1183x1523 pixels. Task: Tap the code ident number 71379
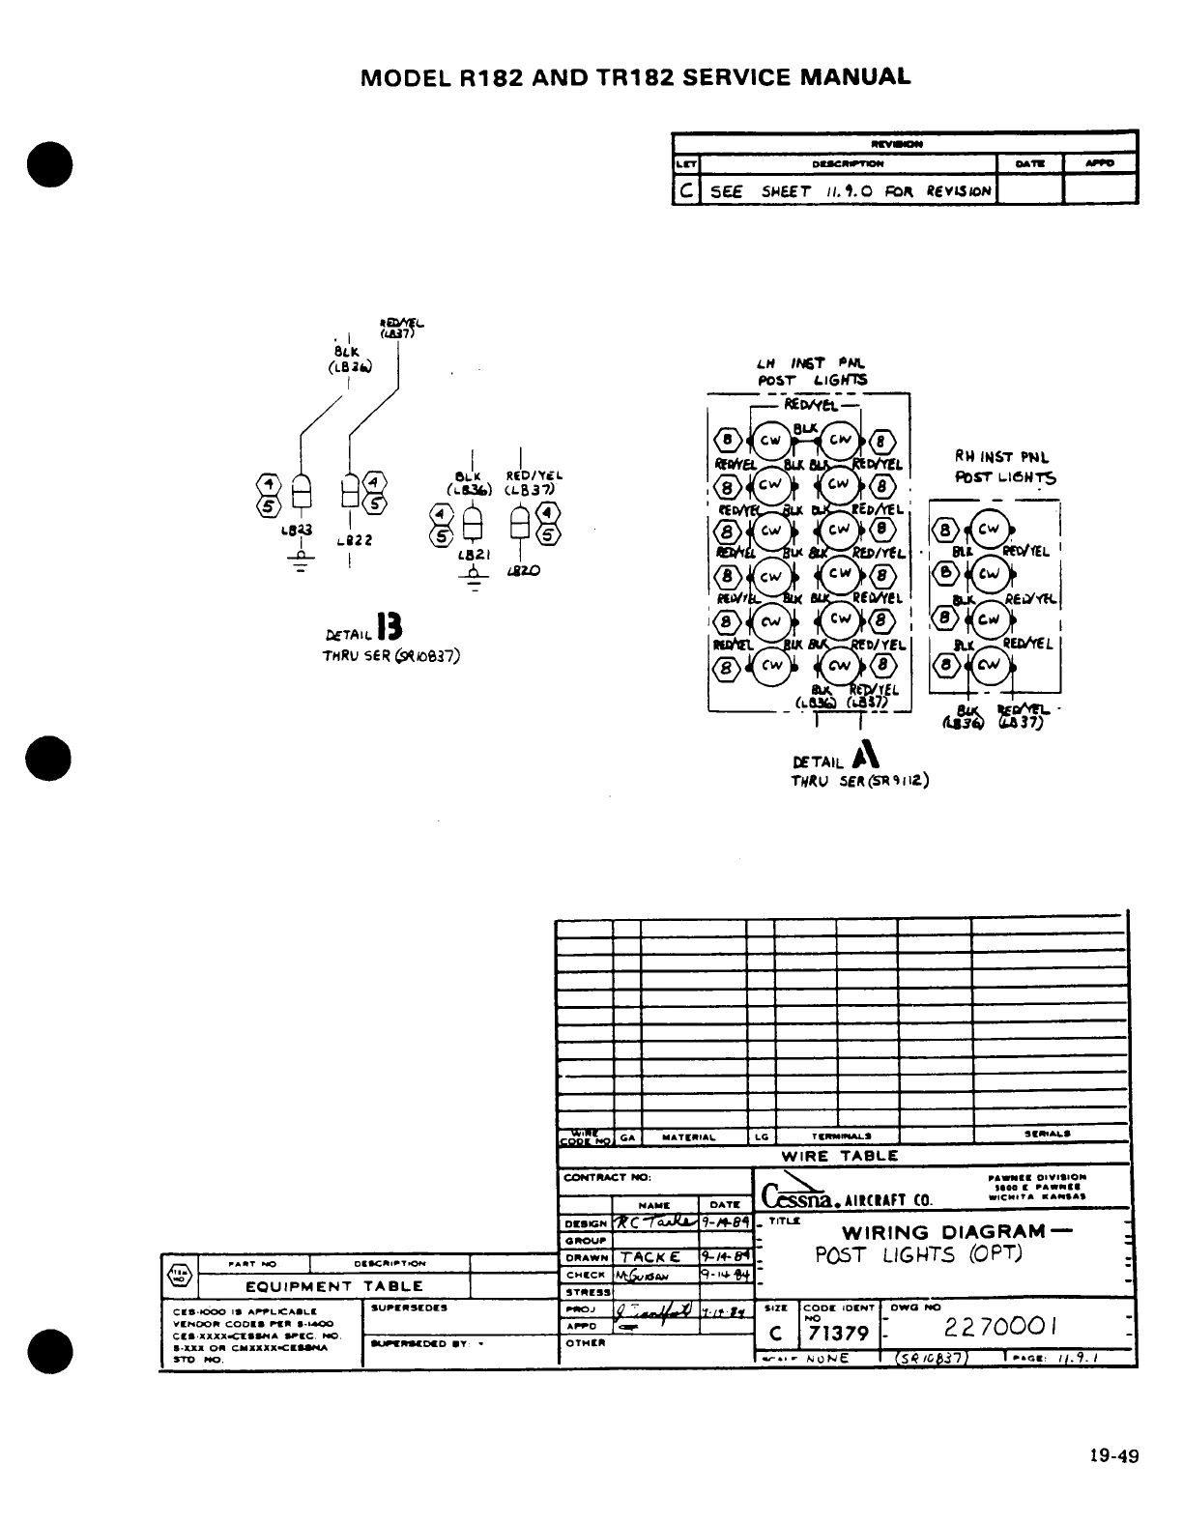[x=837, y=1335]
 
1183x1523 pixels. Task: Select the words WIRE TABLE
[x=839, y=1155]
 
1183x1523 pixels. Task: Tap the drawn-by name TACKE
[x=650, y=1257]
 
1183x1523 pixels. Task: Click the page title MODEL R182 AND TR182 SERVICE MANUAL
[x=634, y=77]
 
